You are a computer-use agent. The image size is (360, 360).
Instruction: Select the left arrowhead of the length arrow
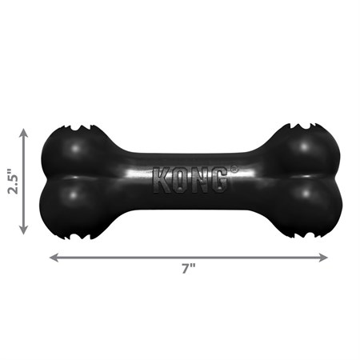point(54,257)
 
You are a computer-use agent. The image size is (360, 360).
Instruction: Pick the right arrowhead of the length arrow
point(324,257)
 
